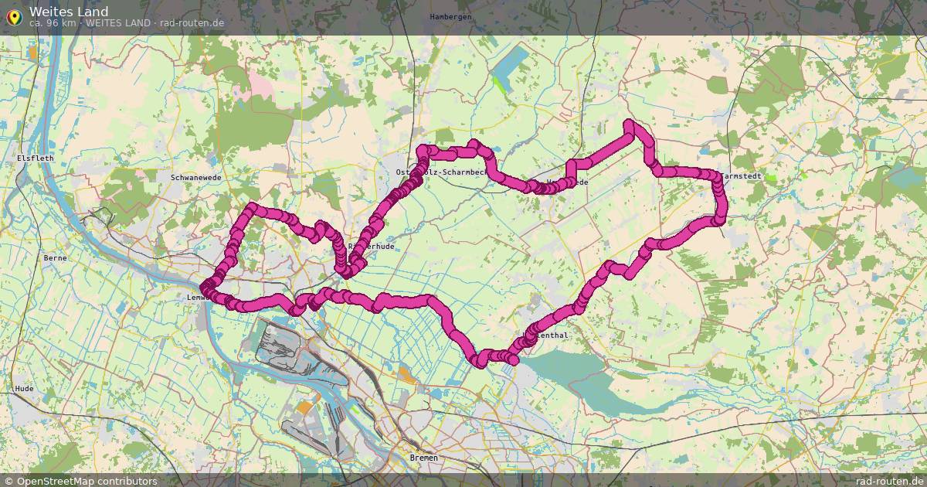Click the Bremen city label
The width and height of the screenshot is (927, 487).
click(x=423, y=458)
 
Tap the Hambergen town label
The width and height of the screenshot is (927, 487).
click(x=450, y=16)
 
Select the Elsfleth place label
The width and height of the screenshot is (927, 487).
click(x=35, y=158)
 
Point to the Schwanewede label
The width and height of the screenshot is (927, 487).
click(x=195, y=177)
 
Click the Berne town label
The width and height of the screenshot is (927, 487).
click(x=56, y=257)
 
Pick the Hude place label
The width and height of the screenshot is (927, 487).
click(x=25, y=388)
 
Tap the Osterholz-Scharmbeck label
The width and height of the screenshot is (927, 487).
click(x=441, y=172)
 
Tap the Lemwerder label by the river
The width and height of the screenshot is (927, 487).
click(x=195, y=297)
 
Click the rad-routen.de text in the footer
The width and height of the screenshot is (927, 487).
click(x=890, y=481)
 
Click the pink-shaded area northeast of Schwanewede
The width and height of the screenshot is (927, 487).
click(x=263, y=85)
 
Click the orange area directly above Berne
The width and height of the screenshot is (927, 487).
click(x=32, y=53)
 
